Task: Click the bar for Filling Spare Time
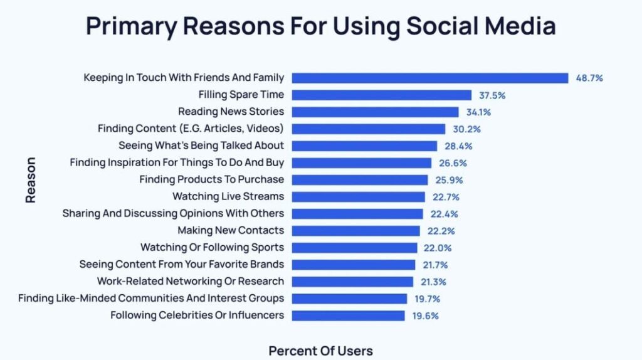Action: [382, 95]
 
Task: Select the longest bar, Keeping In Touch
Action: [430, 78]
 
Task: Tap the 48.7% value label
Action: [589, 78]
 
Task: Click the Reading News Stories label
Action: [231, 112]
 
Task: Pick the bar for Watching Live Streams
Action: [359, 197]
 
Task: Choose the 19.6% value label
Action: [425, 315]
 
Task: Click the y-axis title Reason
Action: [30, 179]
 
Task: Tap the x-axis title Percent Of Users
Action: [320, 351]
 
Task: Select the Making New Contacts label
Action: [231, 230]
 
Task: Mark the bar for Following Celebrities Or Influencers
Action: [349, 315]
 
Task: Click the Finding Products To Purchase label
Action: [211, 179]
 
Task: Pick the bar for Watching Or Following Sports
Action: [355, 248]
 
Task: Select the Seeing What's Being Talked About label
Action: [201, 146]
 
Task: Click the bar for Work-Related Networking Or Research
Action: [353, 282]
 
